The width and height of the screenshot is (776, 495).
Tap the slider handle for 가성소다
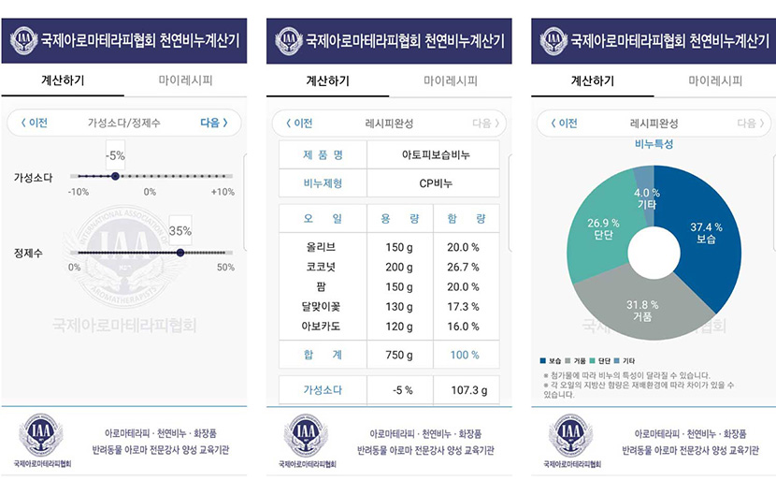pyautogui.click(x=115, y=176)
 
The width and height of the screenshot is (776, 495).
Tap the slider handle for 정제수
pyautogui.click(x=180, y=252)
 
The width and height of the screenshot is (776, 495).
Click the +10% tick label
pyautogui.click(x=222, y=192)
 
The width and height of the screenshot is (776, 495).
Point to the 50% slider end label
pyautogui.click(x=225, y=268)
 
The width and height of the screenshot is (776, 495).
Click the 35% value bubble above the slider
pyautogui.click(x=180, y=230)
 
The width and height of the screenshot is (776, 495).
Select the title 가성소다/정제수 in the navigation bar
pyautogui.click(x=123, y=123)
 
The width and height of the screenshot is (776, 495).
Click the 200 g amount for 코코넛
pyautogui.click(x=399, y=267)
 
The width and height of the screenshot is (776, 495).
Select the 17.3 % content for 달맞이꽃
pyautogui.click(x=464, y=306)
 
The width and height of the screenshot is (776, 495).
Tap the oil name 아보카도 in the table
pyautogui.click(x=320, y=326)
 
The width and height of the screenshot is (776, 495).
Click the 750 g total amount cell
pyautogui.click(x=399, y=355)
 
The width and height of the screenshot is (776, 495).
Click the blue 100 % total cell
pyautogui.click(x=464, y=355)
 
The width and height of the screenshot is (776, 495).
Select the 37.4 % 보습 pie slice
pyautogui.click(x=707, y=233)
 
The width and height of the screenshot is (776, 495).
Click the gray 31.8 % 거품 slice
pyautogui.click(x=639, y=310)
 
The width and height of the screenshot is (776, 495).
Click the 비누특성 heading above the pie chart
pyautogui.click(x=654, y=144)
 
